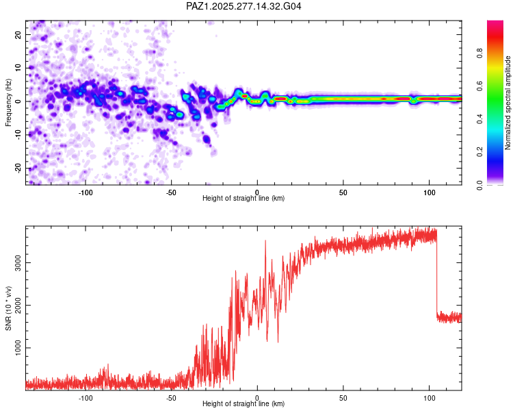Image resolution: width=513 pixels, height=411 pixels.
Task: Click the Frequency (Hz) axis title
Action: pyautogui.click(x=8, y=101)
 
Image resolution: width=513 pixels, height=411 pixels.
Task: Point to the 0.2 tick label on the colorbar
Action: pyautogui.click(x=499, y=151)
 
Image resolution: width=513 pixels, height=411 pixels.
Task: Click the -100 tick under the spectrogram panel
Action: pyautogui.click(x=85, y=192)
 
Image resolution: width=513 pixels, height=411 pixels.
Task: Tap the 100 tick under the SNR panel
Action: pyautogui.click(x=429, y=397)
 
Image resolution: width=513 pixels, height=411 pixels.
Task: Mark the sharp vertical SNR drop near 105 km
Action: pyautogui.click(x=437, y=274)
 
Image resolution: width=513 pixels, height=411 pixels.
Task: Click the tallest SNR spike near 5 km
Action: pyautogui.click(x=265, y=241)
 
